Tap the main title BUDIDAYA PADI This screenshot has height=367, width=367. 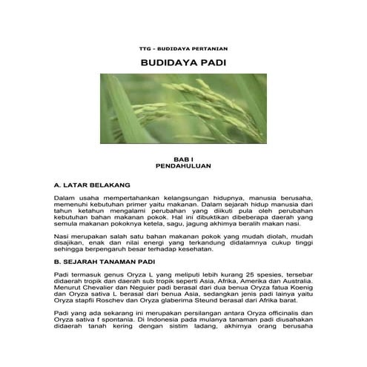[x=183, y=64]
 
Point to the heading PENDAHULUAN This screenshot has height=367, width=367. [x=183, y=168]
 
